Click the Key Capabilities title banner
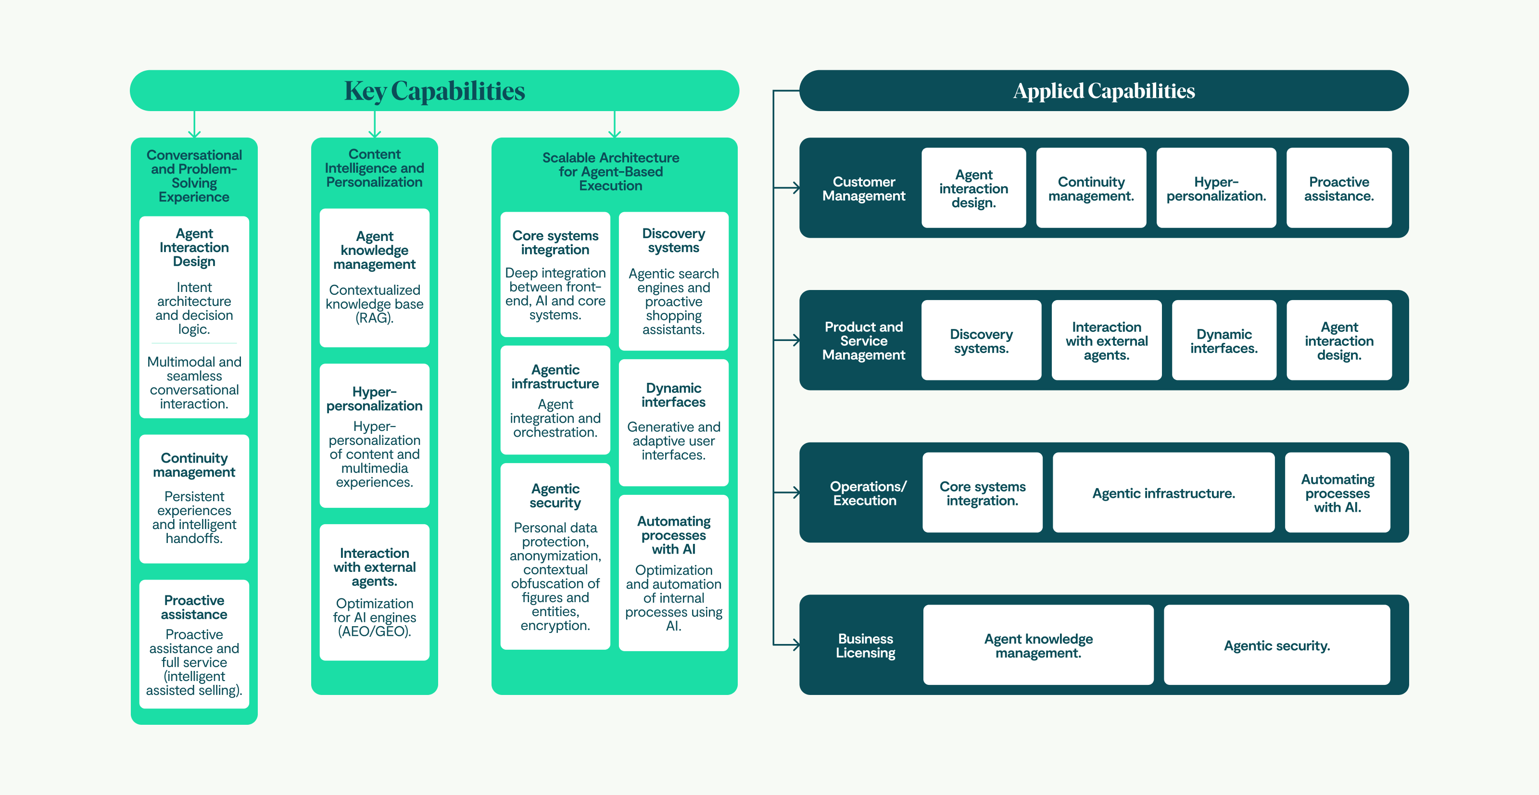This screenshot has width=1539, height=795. point(434,91)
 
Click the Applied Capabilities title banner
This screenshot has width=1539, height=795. point(1103,91)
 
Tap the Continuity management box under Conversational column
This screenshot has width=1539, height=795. point(194,498)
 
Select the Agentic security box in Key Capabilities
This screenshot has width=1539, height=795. point(555,556)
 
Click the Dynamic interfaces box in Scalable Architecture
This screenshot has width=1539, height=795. point(673,422)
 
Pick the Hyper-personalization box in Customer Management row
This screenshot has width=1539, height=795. point(1216,188)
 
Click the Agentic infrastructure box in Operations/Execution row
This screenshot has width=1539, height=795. point(1163,493)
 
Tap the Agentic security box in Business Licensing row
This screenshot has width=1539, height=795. point(1277,645)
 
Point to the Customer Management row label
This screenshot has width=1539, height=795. point(863,189)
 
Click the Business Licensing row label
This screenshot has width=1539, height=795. point(865,646)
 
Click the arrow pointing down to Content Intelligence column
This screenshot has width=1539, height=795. point(375,128)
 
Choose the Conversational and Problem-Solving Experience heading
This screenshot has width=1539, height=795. point(194,176)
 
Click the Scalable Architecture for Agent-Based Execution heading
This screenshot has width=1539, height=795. point(611,171)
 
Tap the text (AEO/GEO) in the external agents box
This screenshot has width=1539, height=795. point(375,631)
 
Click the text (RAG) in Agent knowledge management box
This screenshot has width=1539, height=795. point(375,318)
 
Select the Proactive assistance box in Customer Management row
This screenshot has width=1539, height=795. point(1338,188)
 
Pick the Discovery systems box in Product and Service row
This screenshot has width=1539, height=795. point(981,341)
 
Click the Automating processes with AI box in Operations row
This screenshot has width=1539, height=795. point(1337,493)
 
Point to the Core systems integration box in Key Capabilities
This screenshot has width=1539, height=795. point(555,275)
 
